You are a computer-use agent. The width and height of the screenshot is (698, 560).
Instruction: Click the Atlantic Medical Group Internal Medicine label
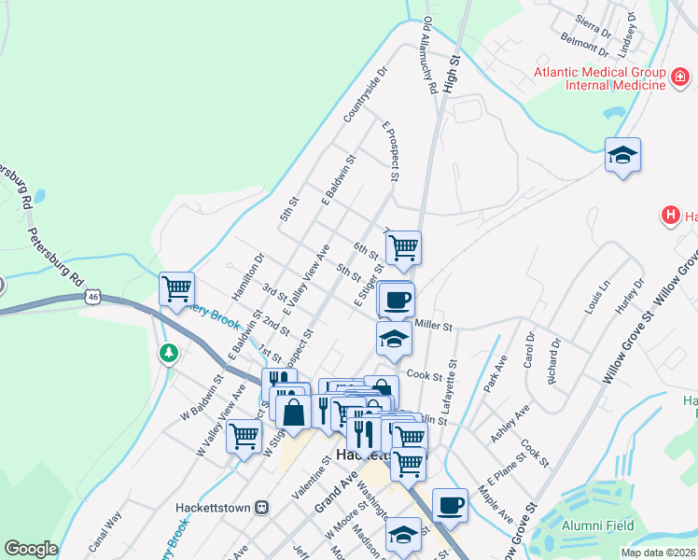(600, 78)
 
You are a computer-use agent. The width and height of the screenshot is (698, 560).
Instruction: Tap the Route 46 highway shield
(91, 297)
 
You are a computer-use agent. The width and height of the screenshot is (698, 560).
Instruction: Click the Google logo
(30, 549)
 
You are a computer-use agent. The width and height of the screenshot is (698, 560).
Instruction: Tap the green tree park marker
(168, 353)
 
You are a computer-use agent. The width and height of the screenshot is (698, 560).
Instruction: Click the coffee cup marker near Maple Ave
(450, 504)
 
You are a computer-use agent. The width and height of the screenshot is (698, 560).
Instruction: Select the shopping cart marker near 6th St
(403, 247)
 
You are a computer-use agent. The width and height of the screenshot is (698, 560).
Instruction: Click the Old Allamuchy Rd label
(429, 56)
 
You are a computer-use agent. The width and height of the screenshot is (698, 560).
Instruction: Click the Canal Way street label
(105, 531)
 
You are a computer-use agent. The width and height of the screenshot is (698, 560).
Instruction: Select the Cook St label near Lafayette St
(423, 375)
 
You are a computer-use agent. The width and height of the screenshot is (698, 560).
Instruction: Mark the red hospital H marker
(669, 217)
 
